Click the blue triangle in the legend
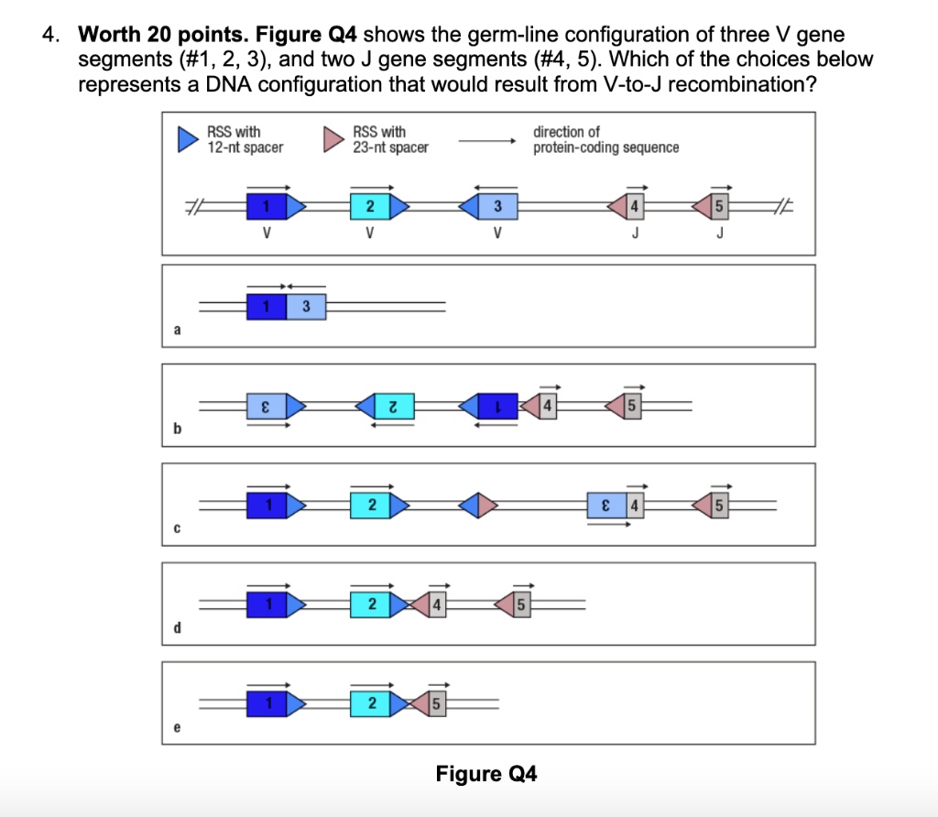click(188, 139)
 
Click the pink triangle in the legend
click(333, 139)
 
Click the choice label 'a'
click(176, 330)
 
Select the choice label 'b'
click(176, 429)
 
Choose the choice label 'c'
click(176, 528)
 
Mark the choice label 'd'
click(176, 628)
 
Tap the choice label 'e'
click(176, 728)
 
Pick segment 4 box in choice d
click(437, 605)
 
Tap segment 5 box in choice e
click(437, 704)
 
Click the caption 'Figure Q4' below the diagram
click(486, 774)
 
